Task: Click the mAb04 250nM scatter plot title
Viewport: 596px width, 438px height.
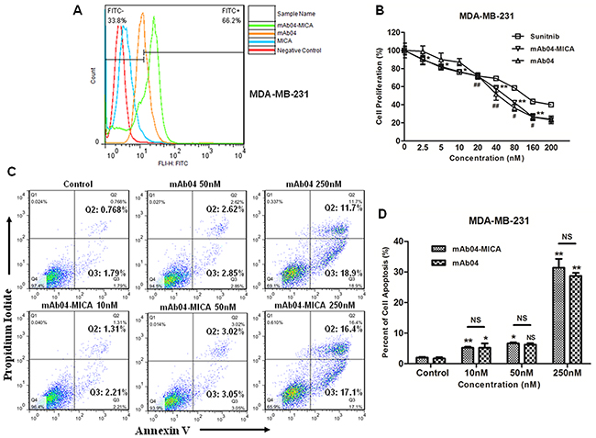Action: click(287, 171)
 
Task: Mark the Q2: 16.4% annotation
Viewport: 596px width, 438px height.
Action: click(292, 327)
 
